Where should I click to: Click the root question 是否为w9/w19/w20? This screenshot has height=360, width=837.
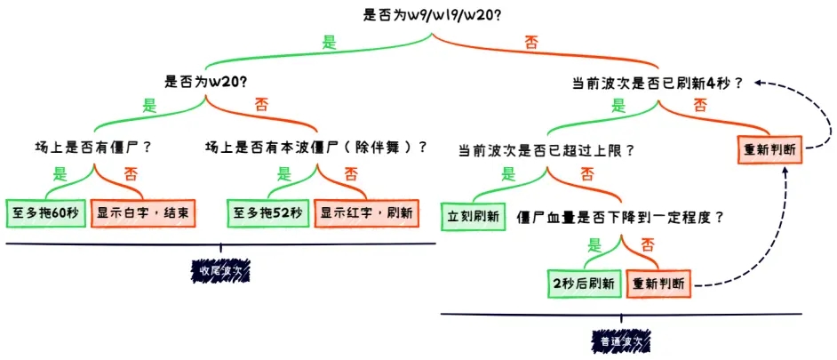433,14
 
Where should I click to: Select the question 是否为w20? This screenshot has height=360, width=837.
206,81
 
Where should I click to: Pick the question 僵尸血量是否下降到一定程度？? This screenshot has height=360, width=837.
620,216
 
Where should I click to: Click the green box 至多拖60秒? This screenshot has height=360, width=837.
46,212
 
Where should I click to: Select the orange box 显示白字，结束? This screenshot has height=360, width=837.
142,212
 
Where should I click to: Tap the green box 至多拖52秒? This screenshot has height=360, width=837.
268,212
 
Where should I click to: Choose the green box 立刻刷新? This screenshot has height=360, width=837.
472,216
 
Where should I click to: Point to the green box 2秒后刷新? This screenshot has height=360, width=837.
584,283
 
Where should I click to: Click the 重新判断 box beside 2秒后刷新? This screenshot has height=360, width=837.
658,283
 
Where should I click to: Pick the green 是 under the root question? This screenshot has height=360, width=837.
329,41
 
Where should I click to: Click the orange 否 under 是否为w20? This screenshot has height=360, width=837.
261,104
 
